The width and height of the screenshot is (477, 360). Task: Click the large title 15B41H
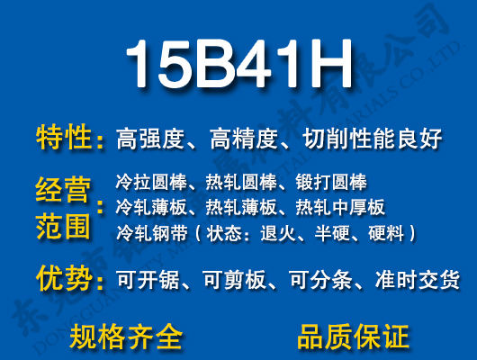pyautogui.click(x=238, y=64)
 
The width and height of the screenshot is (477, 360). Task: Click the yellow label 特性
pyautogui.click(x=64, y=139)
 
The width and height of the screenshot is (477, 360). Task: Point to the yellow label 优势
pyautogui.click(x=64, y=279)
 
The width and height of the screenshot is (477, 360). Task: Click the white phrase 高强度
pyautogui.click(x=150, y=139)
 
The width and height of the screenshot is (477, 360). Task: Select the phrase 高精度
pyautogui.click(x=242, y=139)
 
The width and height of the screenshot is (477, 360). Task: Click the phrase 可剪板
pyautogui.click(x=236, y=281)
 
